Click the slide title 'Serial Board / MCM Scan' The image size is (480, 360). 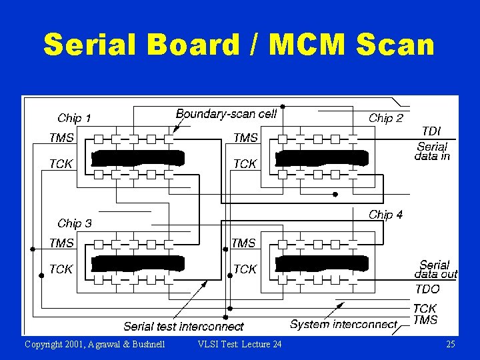coord(239,45)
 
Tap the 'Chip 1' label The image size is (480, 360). coord(74,118)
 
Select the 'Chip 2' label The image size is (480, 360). coord(386,118)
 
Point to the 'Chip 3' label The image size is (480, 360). coord(75,223)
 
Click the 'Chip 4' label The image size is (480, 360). coord(385,215)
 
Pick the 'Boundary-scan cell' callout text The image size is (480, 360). coord(226,114)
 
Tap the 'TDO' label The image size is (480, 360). coord(427,289)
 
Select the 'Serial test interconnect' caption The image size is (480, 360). coord(183,326)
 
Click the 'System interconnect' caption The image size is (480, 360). coord(343,325)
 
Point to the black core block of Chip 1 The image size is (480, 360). coord(137,158)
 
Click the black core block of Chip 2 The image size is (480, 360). coord(321,158)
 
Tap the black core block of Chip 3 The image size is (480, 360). coord(137,263)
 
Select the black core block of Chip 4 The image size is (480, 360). coord(321,263)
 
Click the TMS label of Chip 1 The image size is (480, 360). coord(61,138)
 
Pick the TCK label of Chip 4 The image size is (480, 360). coord(245,269)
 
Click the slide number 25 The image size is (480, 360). coord(450,344)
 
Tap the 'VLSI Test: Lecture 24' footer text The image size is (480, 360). coord(240,344)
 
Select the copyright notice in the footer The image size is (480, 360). coord(95,344)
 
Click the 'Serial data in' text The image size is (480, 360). coord(432,151)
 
